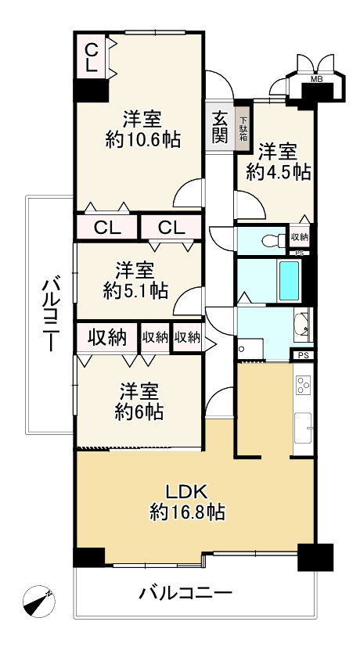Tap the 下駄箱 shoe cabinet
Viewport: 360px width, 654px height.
point(243,127)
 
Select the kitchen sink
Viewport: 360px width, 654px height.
point(302,429)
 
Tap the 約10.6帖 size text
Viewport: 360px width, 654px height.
point(143,140)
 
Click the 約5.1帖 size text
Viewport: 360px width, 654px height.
point(135,290)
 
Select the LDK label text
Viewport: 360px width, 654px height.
point(186,492)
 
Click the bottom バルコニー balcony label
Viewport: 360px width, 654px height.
point(185,594)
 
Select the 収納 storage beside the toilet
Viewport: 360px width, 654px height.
point(300,236)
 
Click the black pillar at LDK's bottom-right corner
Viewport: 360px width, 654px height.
point(314,556)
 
